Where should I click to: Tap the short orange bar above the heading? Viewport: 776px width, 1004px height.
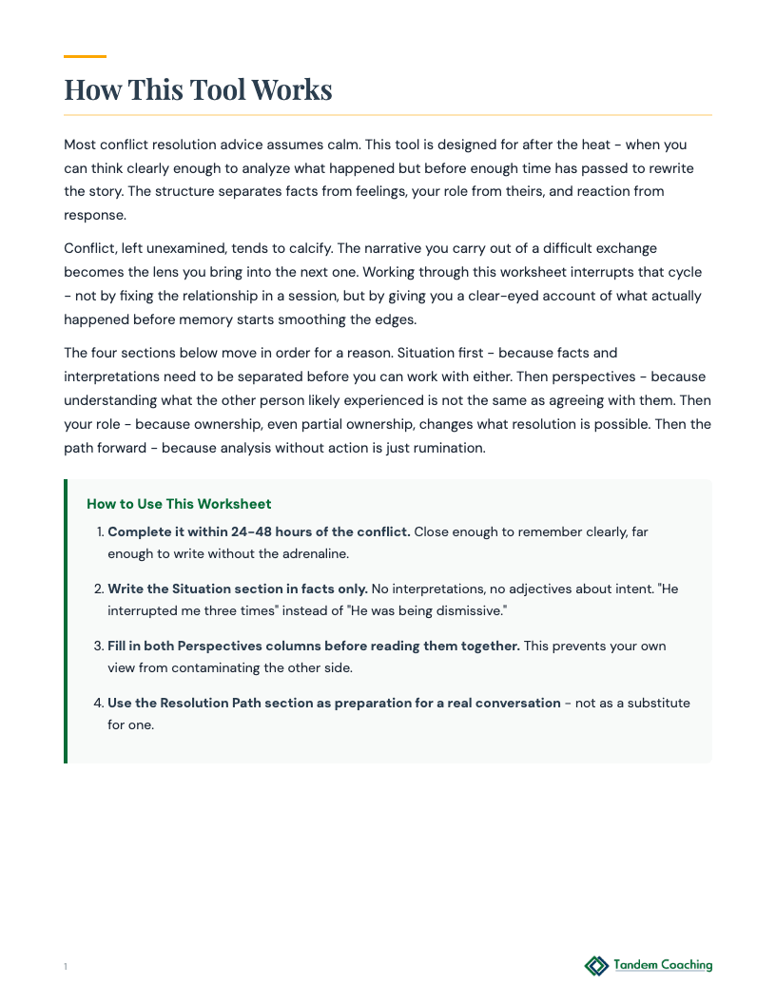coord(85,56)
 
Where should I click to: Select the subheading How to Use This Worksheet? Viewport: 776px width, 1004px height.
coord(179,504)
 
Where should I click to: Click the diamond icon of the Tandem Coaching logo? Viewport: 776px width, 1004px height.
coord(596,966)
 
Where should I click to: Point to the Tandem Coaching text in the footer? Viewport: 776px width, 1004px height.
coord(662,965)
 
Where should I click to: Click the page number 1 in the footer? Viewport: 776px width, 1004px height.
coord(66,967)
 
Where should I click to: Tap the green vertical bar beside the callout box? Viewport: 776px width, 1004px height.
coord(66,621)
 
